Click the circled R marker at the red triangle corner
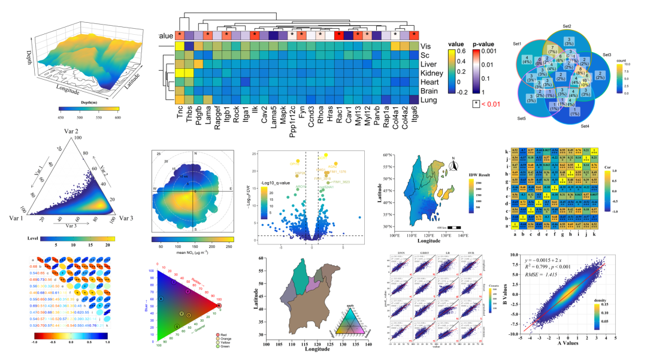pyautogui.click(x=219, y=304)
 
